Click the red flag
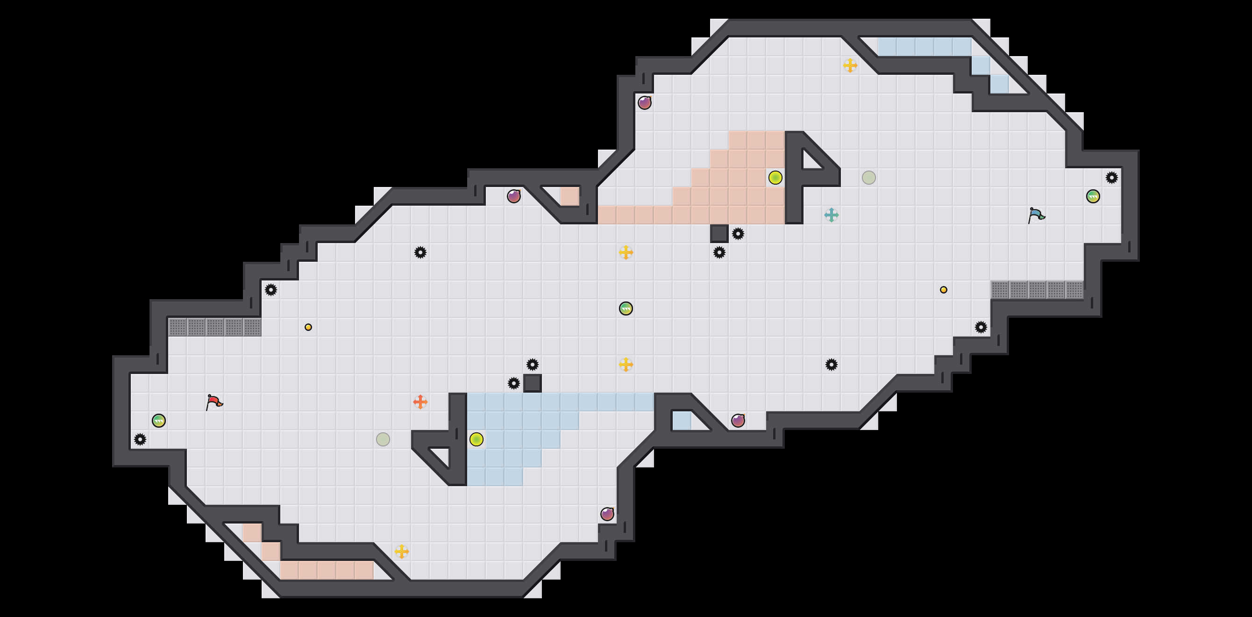coord(214,402)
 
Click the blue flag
coord(1036,215)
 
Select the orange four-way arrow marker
coord(420,402)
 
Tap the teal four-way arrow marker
coord(831,215)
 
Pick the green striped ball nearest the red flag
coord(158,421)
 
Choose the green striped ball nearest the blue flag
coord(1093,196)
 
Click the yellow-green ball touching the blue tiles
coord(477,439)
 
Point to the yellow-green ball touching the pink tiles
coord(775,178)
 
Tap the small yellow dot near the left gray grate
coord(308,327)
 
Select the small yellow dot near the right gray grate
coord(943,290)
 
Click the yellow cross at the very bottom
coord(401,552)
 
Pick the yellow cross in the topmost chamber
coord(850,65)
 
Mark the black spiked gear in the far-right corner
coord(1111,178)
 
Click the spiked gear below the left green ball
coord(140,439)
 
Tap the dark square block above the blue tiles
coord(532,383)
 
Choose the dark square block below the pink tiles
coord(719,233)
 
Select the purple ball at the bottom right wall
coord(607,514)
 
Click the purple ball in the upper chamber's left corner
coord(645,102)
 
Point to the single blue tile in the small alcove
coord(682,420)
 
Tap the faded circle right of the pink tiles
coord(868,178)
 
